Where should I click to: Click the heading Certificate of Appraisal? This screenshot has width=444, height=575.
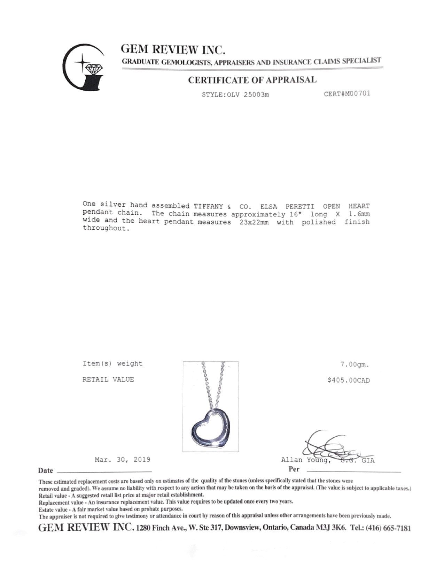pyautogui.click(x=252, y=80)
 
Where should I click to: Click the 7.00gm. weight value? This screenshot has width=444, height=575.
pyautogui.click(x=355, y=365)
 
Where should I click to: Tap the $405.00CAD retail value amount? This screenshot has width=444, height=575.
pyautogui.click(x=349, y=380)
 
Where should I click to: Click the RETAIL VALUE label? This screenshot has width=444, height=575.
pyautogui.click(x=108, y=379)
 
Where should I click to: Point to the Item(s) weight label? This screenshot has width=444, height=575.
pyautogui.click(x=112, y=363)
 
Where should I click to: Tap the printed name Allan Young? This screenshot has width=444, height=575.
pyautogui.click(x=305, y=460)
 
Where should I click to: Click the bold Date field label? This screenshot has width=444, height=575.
pyautogui.click(x=46, y=470)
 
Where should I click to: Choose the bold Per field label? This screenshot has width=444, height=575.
pyautogui.click(x=294, y=469)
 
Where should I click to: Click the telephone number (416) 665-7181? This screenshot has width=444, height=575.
pyautogui.click(x=388, y=528)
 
